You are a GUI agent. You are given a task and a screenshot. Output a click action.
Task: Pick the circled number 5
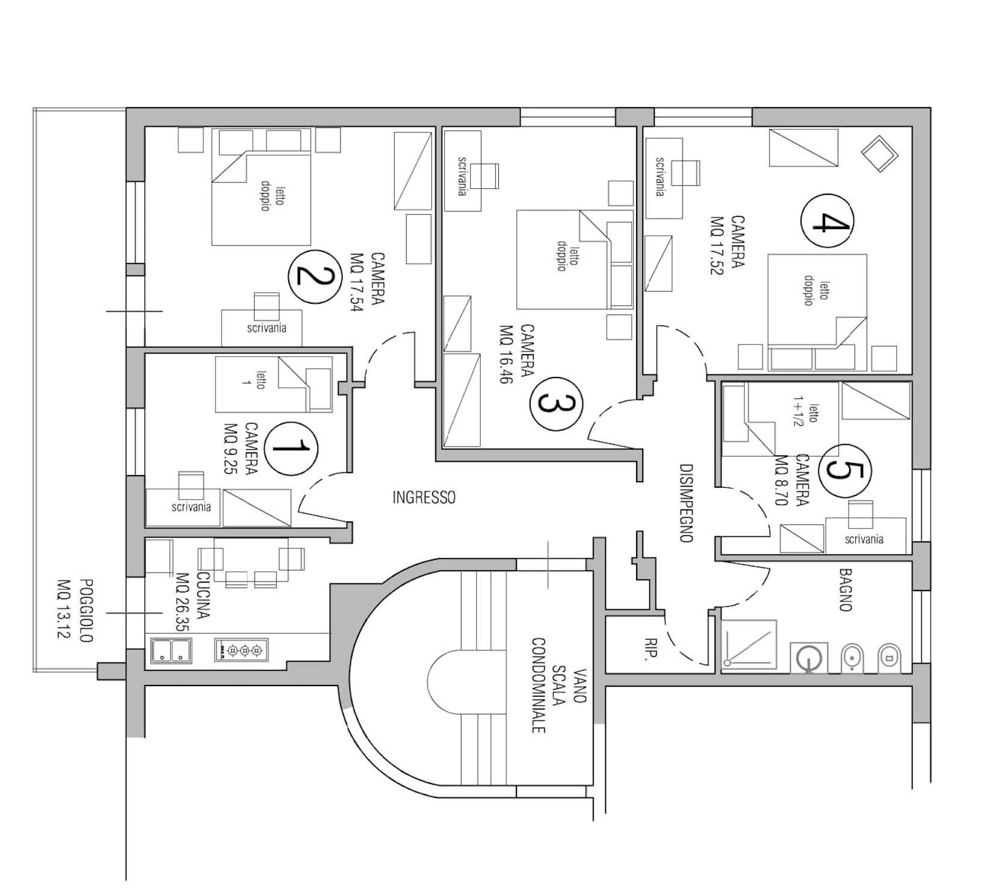point(846,471)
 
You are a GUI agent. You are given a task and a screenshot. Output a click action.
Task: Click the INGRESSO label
point(424,497)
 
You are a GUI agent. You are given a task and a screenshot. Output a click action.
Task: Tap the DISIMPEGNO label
point(687,503)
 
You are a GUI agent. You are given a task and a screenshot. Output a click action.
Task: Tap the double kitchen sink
point(172,651)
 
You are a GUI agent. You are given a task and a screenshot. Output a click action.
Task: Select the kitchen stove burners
point(241,650)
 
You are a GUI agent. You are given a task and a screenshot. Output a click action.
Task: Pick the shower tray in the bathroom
point(749,645)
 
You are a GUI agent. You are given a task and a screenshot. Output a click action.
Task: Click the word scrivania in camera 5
point(864,539)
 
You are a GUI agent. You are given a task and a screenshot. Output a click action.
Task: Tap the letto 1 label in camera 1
point(252,380)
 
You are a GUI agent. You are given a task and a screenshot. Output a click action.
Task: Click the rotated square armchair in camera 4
point(879,154)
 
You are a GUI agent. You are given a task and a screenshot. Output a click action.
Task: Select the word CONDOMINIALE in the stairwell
point(538,685)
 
